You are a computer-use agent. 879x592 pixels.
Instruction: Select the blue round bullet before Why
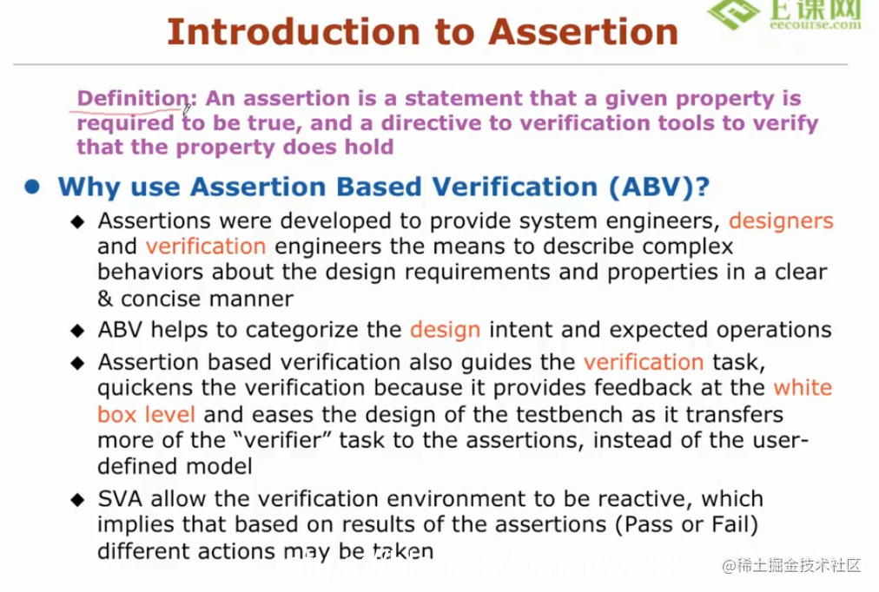coord(33,187)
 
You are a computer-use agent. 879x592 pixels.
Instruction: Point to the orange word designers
coord(781,220)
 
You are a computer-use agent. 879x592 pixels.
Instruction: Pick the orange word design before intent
coord(445,330)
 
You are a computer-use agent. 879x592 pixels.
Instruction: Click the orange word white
coord(803,386)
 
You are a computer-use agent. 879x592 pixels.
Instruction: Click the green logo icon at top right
coord(734,13)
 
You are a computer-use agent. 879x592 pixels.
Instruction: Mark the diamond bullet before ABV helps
coord(79,331)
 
